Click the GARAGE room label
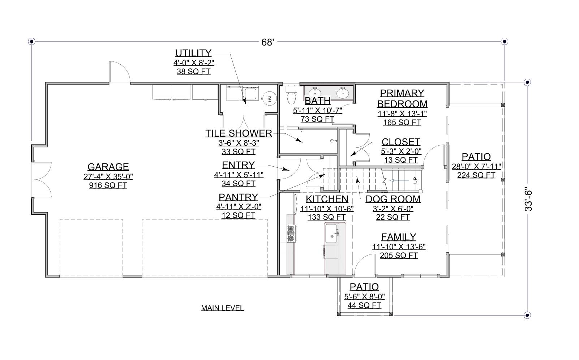(108, 167)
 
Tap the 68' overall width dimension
(268, 42)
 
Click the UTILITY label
(193, 53)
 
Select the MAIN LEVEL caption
(222, 308)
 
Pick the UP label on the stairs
(415, 180)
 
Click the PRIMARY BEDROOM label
(402, 98)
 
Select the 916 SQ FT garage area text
(108, 185)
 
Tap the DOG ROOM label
(393, 199)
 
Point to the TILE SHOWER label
(239, 133)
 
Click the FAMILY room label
(399, 237)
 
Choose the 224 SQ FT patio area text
(476, 175)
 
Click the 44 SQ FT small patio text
(364, 305)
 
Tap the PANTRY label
(238, 197)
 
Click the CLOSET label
(401, 142)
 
